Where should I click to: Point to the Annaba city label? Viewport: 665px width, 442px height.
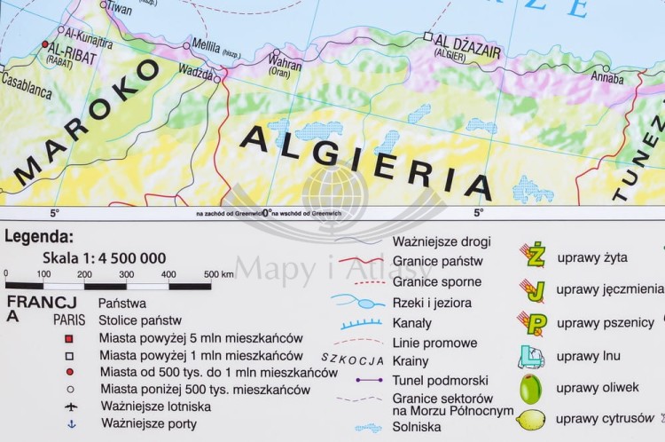pyautogui.click(x=607, y=78)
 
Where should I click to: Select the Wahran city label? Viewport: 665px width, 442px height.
pyautogui.click(x=285, y=64)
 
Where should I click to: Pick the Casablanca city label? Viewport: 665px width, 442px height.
pyautogui.click(x=25, y=90)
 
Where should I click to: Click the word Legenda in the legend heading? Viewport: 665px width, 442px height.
pyautogui.click(x=39, y=237)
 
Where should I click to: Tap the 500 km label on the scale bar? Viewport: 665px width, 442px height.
pyautogui.click(x=218, y=274)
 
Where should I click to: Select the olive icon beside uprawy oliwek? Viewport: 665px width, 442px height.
pyautogui.click(x=530, y=388)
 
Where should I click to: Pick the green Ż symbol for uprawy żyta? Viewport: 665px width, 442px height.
pyautogui.click(x=533, y=256)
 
